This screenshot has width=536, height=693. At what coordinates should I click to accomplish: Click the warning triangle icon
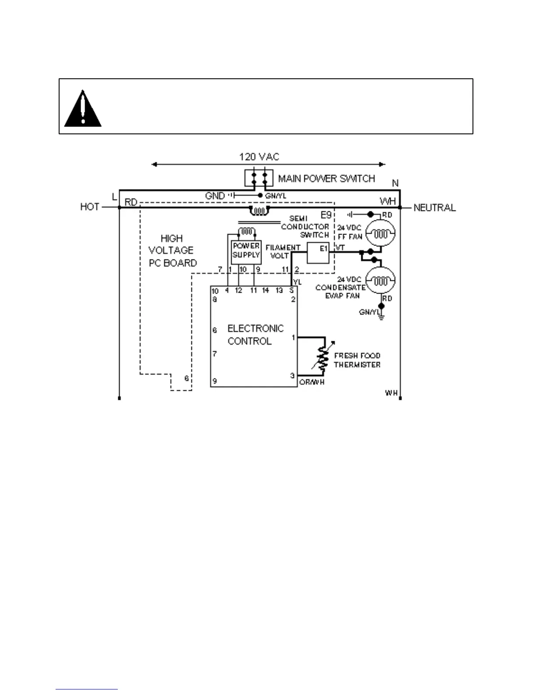click(83, 109)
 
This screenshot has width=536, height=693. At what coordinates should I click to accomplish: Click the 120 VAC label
click(259, 157)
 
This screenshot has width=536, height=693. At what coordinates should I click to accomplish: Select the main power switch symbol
click(259, 178)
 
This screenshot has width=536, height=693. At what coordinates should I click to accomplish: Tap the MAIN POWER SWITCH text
click(326, 178)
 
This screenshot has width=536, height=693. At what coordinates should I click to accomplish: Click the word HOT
click(90, 207)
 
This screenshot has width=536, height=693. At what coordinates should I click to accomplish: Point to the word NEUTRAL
click(434, 207)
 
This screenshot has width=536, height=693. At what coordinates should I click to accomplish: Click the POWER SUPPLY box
click(246, 251)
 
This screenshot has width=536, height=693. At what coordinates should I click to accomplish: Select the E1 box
click(318, 253)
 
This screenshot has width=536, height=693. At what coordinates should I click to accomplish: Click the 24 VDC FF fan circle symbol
click(380, 233)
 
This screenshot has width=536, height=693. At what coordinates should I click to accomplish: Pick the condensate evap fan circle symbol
click(380, 280)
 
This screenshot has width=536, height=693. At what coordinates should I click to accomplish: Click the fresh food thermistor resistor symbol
click(323, 357)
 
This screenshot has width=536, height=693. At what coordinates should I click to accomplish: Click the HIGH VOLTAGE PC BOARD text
click(172, 251)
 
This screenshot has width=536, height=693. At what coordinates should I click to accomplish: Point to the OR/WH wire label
click(312, 382)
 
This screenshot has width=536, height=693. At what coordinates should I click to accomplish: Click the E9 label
click(326, 215)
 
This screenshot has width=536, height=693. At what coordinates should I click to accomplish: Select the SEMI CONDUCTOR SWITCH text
click(305, 227)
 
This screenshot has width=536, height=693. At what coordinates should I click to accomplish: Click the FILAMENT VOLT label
click(282, 252)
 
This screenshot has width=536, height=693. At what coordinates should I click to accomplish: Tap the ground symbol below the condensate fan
click(381, 316)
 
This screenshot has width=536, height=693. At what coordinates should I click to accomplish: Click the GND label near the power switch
click(215, 196)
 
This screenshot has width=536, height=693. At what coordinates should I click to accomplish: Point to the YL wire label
click(297, 282)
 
